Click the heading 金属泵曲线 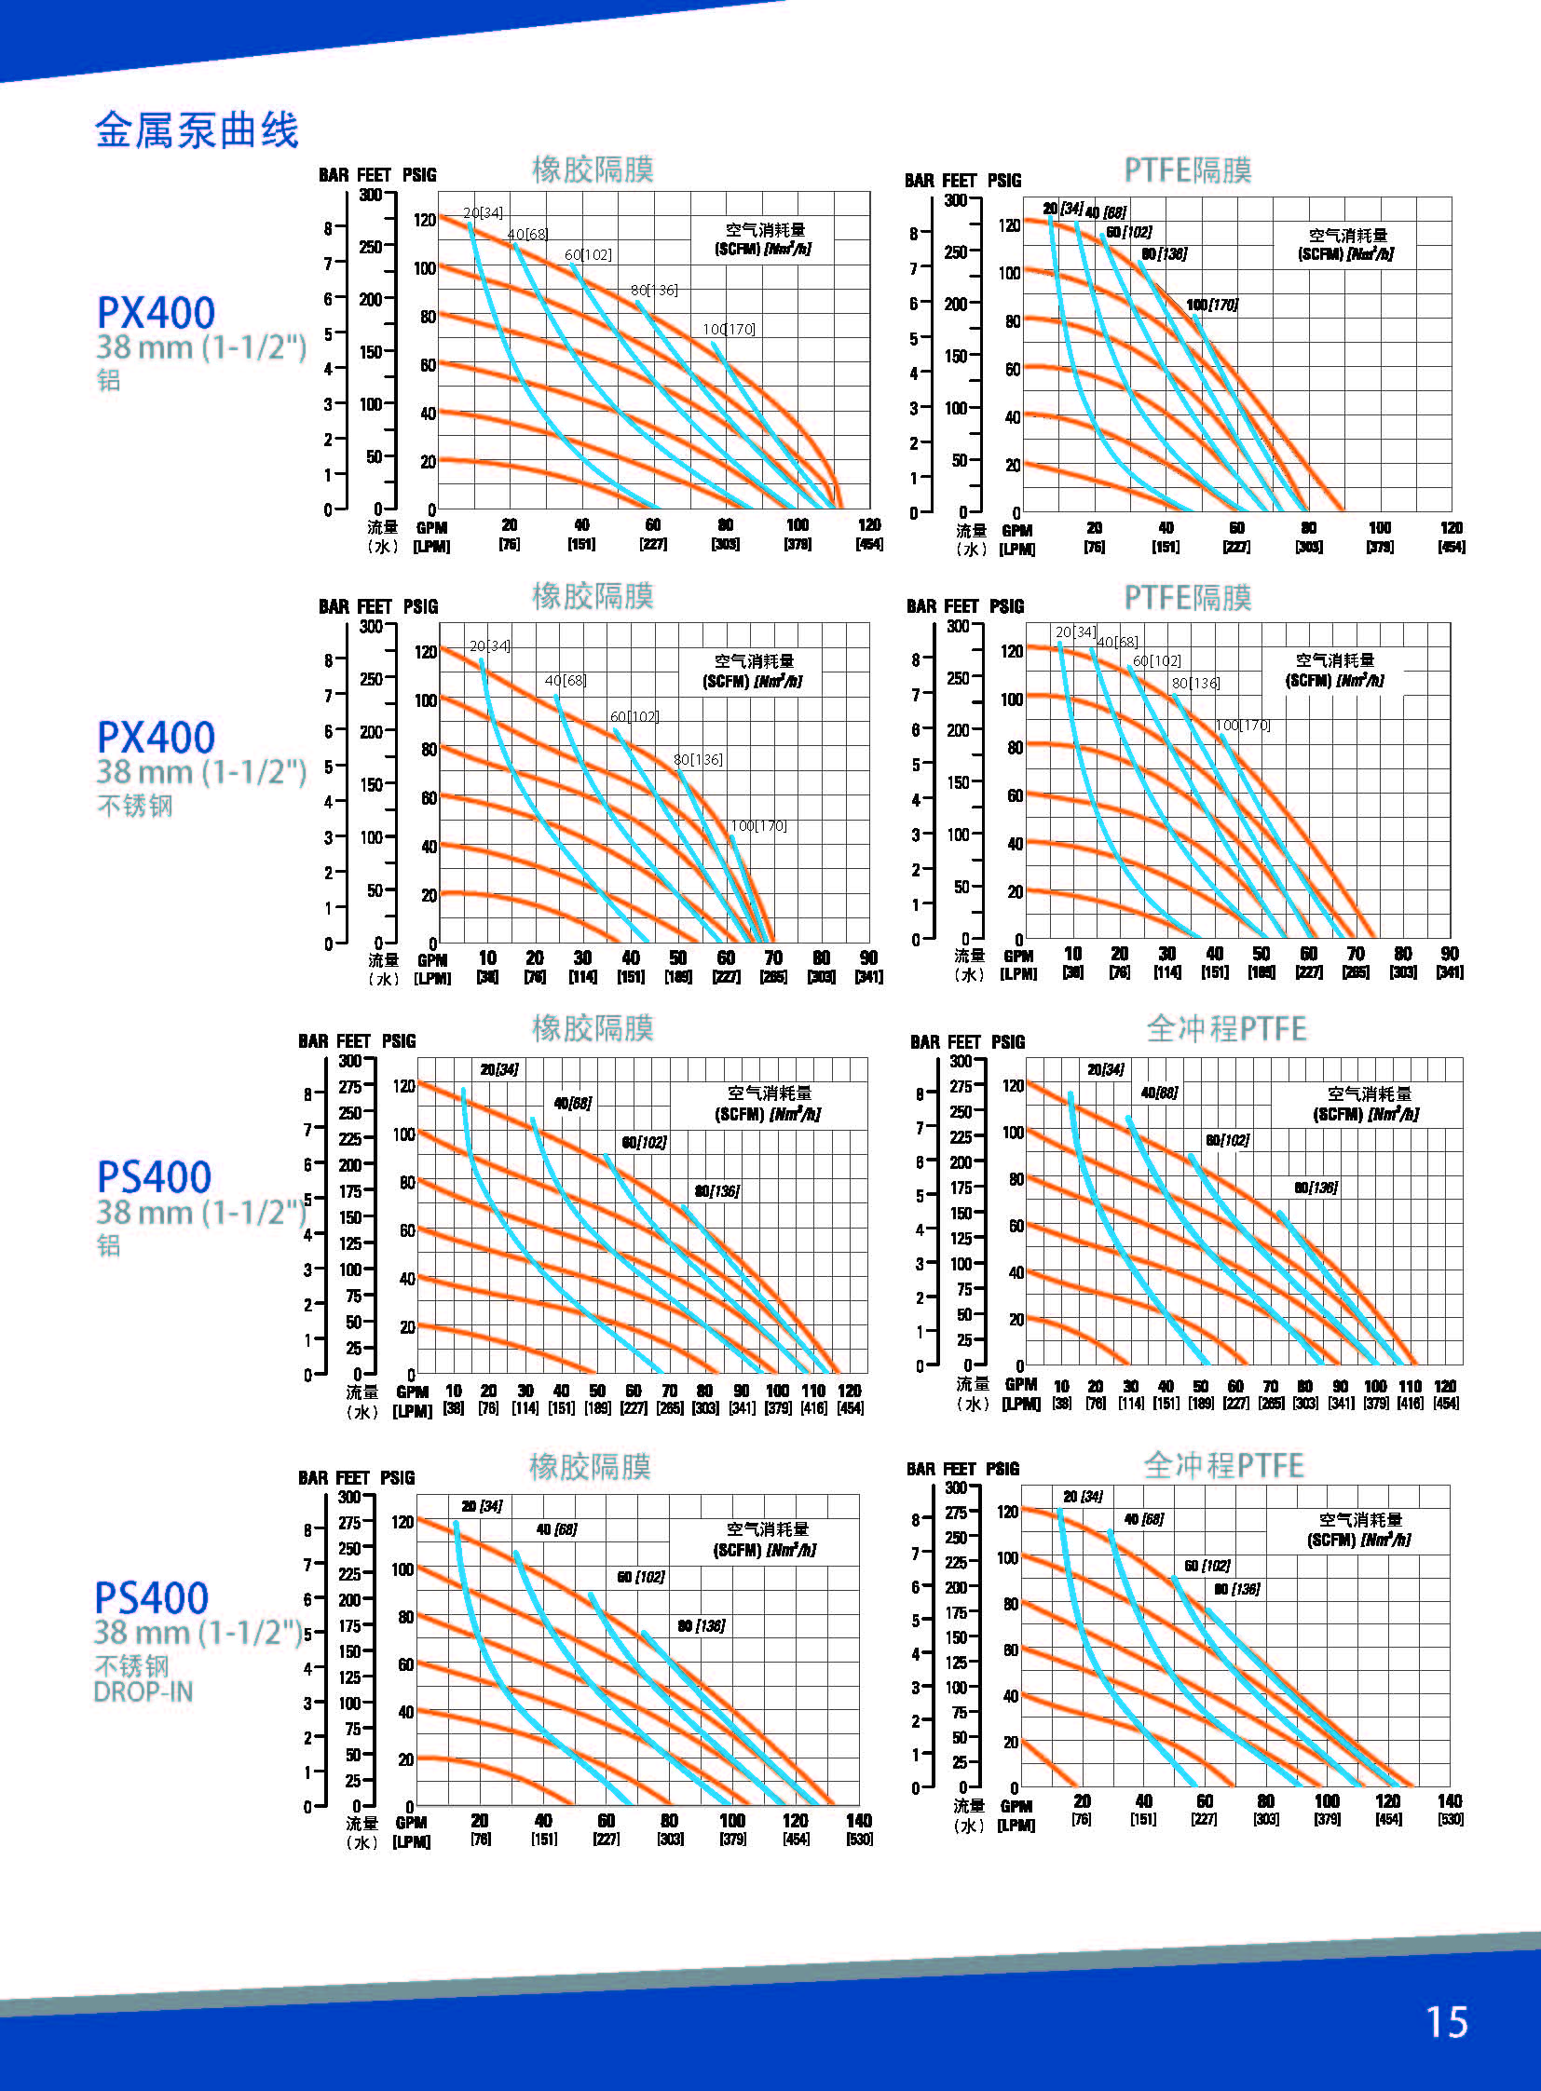point(196,130)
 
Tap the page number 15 point(1446,2021)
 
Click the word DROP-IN point(143,1691)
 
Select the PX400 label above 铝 point(156,312)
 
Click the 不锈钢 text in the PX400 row point(135,806)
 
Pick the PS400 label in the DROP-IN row point(152,1598)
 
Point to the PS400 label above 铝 point(155,1177)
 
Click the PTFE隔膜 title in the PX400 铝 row point(1188,170)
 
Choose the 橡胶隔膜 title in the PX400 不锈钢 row point(593,596)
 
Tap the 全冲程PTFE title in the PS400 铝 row point(1226,1028)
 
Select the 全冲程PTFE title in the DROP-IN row point(1223,1465)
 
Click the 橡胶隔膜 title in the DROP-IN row point(590,1467)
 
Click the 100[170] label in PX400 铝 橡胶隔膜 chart point(730,329)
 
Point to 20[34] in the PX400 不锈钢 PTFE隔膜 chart point(1075,632)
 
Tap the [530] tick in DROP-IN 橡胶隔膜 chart point(859,1840)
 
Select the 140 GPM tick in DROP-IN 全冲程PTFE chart point(1450,1800)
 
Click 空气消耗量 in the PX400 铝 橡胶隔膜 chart point(765,229)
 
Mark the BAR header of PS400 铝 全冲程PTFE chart point(925,1041)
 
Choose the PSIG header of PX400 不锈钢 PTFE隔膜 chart point(1006,606)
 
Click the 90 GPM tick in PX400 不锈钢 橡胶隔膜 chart point(868,957)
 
